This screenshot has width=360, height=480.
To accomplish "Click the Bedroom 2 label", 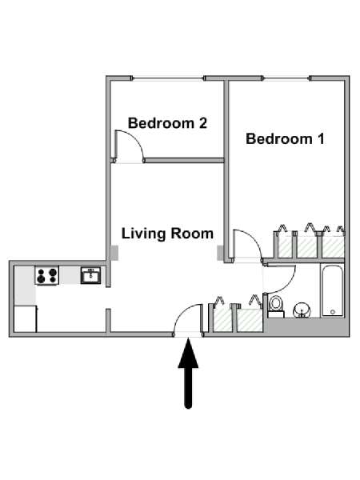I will coord(168,123).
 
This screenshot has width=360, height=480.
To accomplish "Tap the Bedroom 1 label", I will coord(285,138).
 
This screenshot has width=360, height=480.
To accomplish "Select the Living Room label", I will coord(167,234).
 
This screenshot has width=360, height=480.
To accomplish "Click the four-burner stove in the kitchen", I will coord(47,276).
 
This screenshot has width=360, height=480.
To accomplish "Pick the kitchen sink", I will coord(90,276).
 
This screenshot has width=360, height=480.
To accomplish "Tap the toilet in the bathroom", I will coord(276,305).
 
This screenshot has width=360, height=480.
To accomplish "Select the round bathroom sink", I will coord(303,309).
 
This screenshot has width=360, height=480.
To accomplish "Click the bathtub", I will coord(332,291).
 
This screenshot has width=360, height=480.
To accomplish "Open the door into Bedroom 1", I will coord(246,245).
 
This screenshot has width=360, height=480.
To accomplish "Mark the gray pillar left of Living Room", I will coord(115,253).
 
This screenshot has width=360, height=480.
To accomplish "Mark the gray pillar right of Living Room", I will coord(221,253).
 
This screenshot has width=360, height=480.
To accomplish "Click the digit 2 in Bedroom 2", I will coord(203,123).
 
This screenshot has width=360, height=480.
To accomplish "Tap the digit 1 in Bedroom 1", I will coord(320,138).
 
